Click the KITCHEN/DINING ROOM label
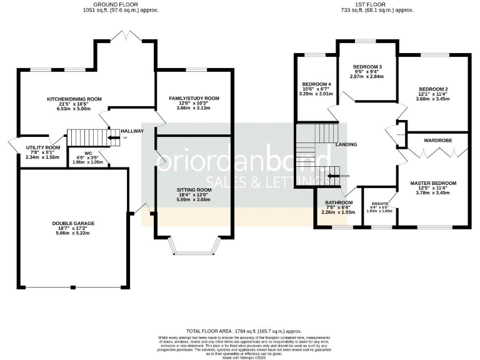click(x=74, y=99)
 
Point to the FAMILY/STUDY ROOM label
click(x=195, y=98)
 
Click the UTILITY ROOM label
click(x=42, y=147)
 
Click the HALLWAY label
click(x=132, y=131)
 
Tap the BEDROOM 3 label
click(x=367, y=67)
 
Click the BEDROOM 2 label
click(x=433, y=89)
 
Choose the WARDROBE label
click(x=437, y=141)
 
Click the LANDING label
click(x=346, y=144)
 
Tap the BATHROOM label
click(x=339, y=202)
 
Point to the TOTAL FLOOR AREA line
click(x=244, y=331)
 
